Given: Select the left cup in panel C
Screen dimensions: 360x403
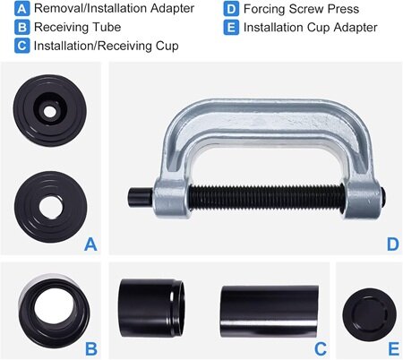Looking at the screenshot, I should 151,308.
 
